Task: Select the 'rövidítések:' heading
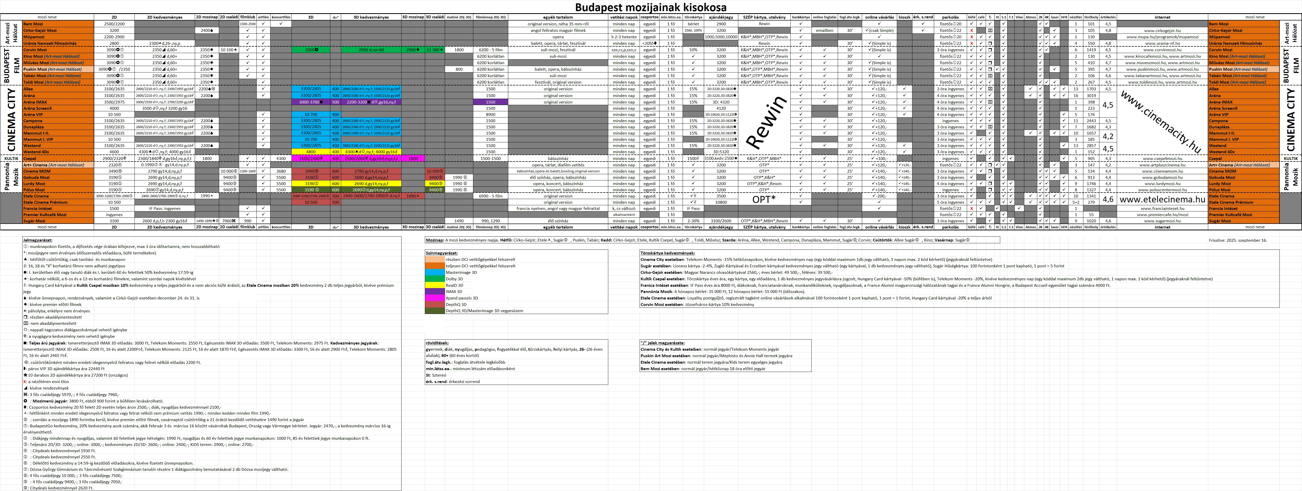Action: (437, 343)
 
